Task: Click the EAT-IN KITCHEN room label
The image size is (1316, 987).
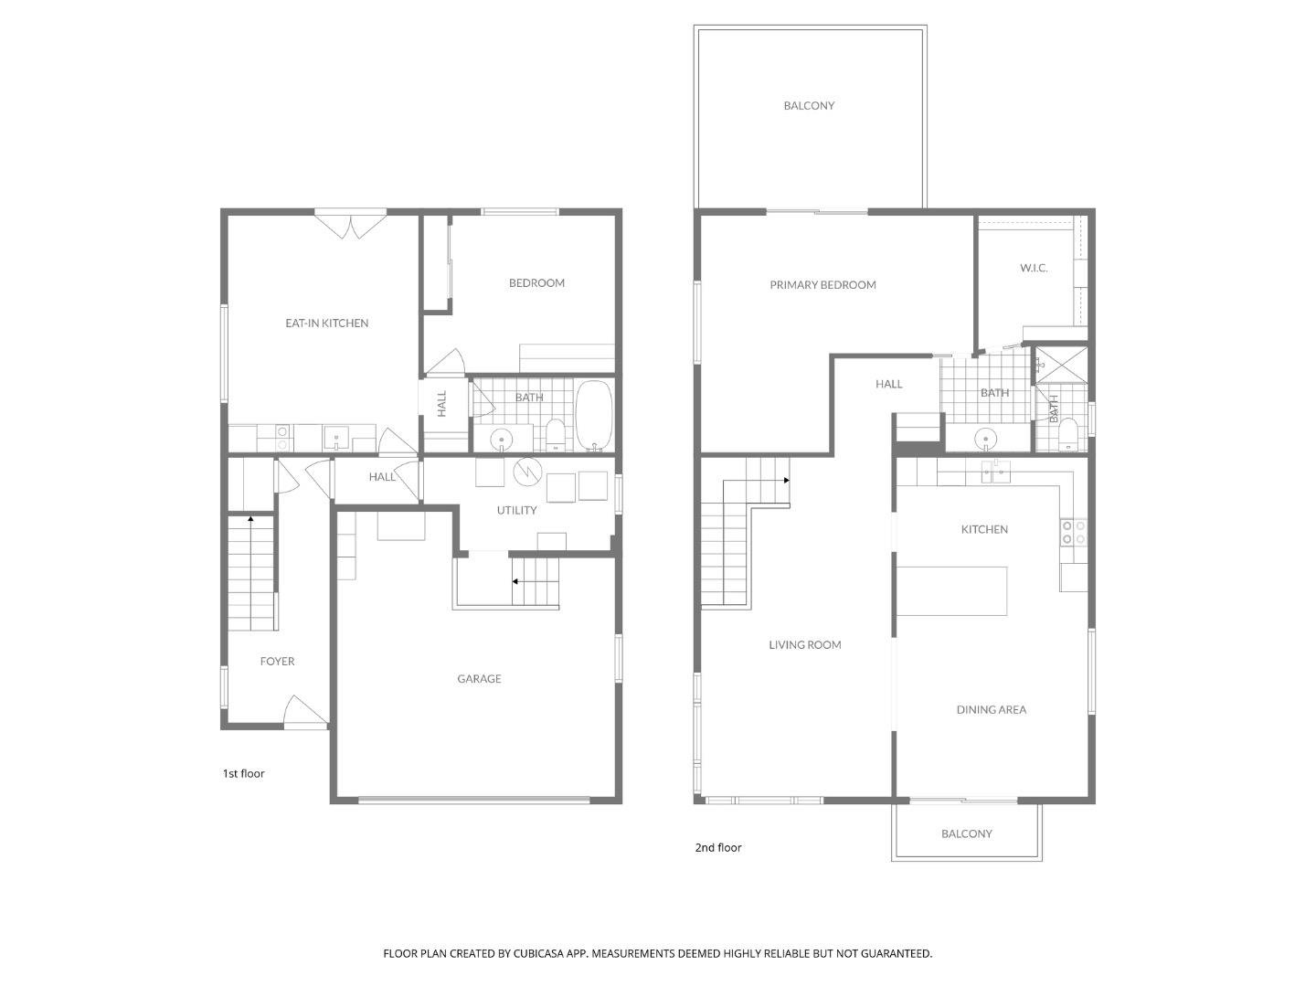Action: tap(326, 323)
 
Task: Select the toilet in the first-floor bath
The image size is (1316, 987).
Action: tap(555, 434)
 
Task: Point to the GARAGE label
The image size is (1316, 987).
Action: tap(479, 678)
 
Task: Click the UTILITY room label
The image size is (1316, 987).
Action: tap(516, 510)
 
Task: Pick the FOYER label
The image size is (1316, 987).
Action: tap(277, 661)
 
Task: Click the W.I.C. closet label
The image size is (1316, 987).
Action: tap(1034, 268)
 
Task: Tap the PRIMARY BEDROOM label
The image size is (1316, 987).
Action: tap(822, 284)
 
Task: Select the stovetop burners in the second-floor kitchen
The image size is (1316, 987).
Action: tap(1073, 533)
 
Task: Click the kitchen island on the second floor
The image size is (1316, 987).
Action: tap(951, 590)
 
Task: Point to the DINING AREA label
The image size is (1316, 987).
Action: tap(991, 709)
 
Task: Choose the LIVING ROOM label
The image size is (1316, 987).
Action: tap(804, 644)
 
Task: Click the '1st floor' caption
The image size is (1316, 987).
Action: tap(243, 773)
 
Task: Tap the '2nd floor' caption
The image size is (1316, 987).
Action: tap(718, 847)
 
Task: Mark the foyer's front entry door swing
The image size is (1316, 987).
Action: tap(304, 711)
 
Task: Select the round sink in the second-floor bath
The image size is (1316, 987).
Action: tap(986, 439)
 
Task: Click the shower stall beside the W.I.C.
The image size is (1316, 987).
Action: tap(1061, 364)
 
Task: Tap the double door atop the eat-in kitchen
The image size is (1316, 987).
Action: tap(350, 223)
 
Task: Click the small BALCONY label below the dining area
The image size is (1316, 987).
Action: tap(966, 833)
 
